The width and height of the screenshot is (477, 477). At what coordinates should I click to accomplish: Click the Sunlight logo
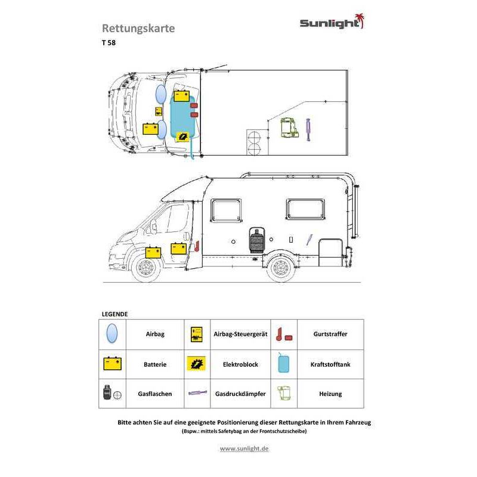pyautogui.click(x=332, y=22)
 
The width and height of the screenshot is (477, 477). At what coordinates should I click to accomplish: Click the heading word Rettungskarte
pyautogui.click(x=138, y=28)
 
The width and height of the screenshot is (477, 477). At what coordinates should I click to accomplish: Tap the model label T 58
pyautogui.click(x=109, y=42)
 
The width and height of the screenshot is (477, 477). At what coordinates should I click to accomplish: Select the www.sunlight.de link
pyautogui.click(x=244, y=448)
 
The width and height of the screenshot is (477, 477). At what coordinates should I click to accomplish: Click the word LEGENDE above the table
pyautogui.click(x=114, y=314)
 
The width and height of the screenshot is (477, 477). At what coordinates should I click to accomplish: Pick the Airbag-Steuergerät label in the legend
pyautogui.click(x=240, y=334)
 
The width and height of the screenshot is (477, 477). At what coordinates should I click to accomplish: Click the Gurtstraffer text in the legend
pyautogui.click(x=330, y=334)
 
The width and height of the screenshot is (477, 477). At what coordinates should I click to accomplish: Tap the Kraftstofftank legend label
pyautogui.click(x=330, y=364)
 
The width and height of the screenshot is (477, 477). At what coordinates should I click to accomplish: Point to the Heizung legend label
pyautogui.click(x=330, y=394)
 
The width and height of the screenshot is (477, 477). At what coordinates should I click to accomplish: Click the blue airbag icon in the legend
pyautogui.click(x=112, y=333)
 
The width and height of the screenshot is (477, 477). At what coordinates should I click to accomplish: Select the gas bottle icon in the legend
pyautogui.click(x=107, y=392)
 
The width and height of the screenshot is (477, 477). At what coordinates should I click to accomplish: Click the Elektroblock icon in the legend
pyautogui.click(x=197, y=364)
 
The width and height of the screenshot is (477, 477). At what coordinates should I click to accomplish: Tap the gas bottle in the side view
pyautogui.click(x=257, y=240)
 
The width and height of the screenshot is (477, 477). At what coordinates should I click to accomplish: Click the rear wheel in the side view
pyautogui.click(x=280, y=267)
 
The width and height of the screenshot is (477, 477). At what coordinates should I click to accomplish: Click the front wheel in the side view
pyautogui.click(x=146, y=268)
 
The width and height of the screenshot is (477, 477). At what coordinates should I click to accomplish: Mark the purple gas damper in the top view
pyautogui.click(x=308, y=129)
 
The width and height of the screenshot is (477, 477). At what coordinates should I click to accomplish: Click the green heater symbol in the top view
pyautogui.click(x=289, y=128)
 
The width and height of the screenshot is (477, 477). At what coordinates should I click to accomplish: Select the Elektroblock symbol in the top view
pyautogui.click(x=182, y=137)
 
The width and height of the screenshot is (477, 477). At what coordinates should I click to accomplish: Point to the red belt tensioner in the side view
pyautogui.click(x=197, y=246)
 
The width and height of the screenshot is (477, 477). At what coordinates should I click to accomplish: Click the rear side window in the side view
pyautogui.click(x=305, y=209)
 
